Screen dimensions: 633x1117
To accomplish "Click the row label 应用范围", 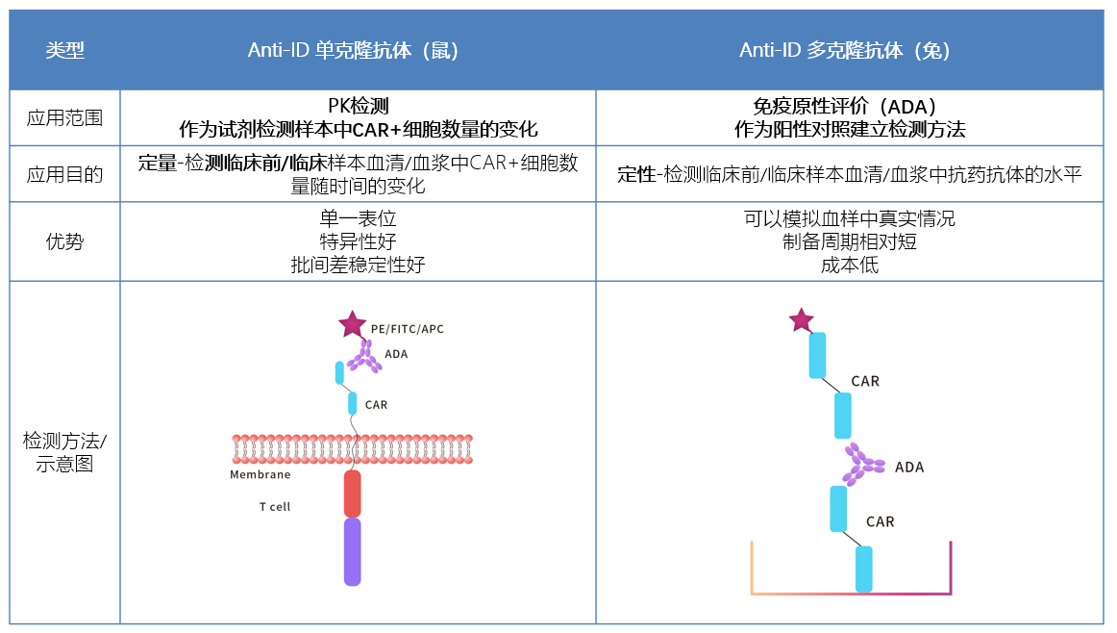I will pyautogui.click(x=65, y=118).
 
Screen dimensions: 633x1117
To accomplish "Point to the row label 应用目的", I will pyautogui.click(x=65, y=174).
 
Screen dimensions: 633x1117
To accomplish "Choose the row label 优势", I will pyautogui.click(x=65, y=241).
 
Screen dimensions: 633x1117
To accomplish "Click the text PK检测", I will pyautogui.click(x=358, y=106).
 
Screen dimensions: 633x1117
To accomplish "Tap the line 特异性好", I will pyautogui.click(x=358, y=241).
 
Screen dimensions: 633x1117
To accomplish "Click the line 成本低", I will pyautogui.click(x=850, y=264).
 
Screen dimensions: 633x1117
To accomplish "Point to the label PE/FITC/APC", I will pyautogui.click(x=408, y=329).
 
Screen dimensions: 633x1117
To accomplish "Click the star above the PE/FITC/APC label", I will pyautogui.click(x=352, y=325).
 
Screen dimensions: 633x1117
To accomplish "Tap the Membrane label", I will pyautogui.click(x=260, y=474).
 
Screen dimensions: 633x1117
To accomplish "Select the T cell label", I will pyautogui.click(x=274, y=507).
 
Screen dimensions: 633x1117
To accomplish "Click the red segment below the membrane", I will pyautogui.click(x=353, y=494).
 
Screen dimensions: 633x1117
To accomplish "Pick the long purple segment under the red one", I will pyautogui.click(x=353, y=551).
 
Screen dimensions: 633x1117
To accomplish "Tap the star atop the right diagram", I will pyautogui.click(x=801, y=319).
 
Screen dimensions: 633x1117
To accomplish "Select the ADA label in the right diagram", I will pyautogui.click(x=908, y=468).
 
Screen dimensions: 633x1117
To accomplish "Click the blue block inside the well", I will pyautogui.click(x=864, y=569).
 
